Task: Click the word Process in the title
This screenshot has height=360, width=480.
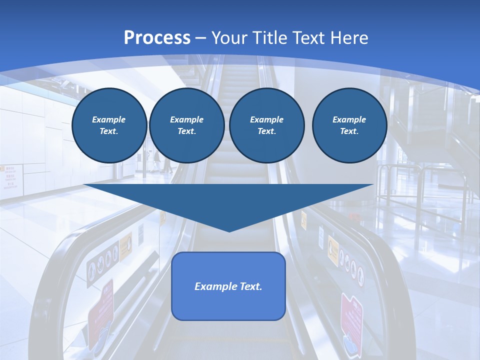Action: point(157,38)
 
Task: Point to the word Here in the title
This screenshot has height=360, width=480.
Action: point(349,38)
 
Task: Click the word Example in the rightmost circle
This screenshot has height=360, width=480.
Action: point(349,119)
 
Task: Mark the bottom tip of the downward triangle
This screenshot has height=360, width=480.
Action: point(229,231)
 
